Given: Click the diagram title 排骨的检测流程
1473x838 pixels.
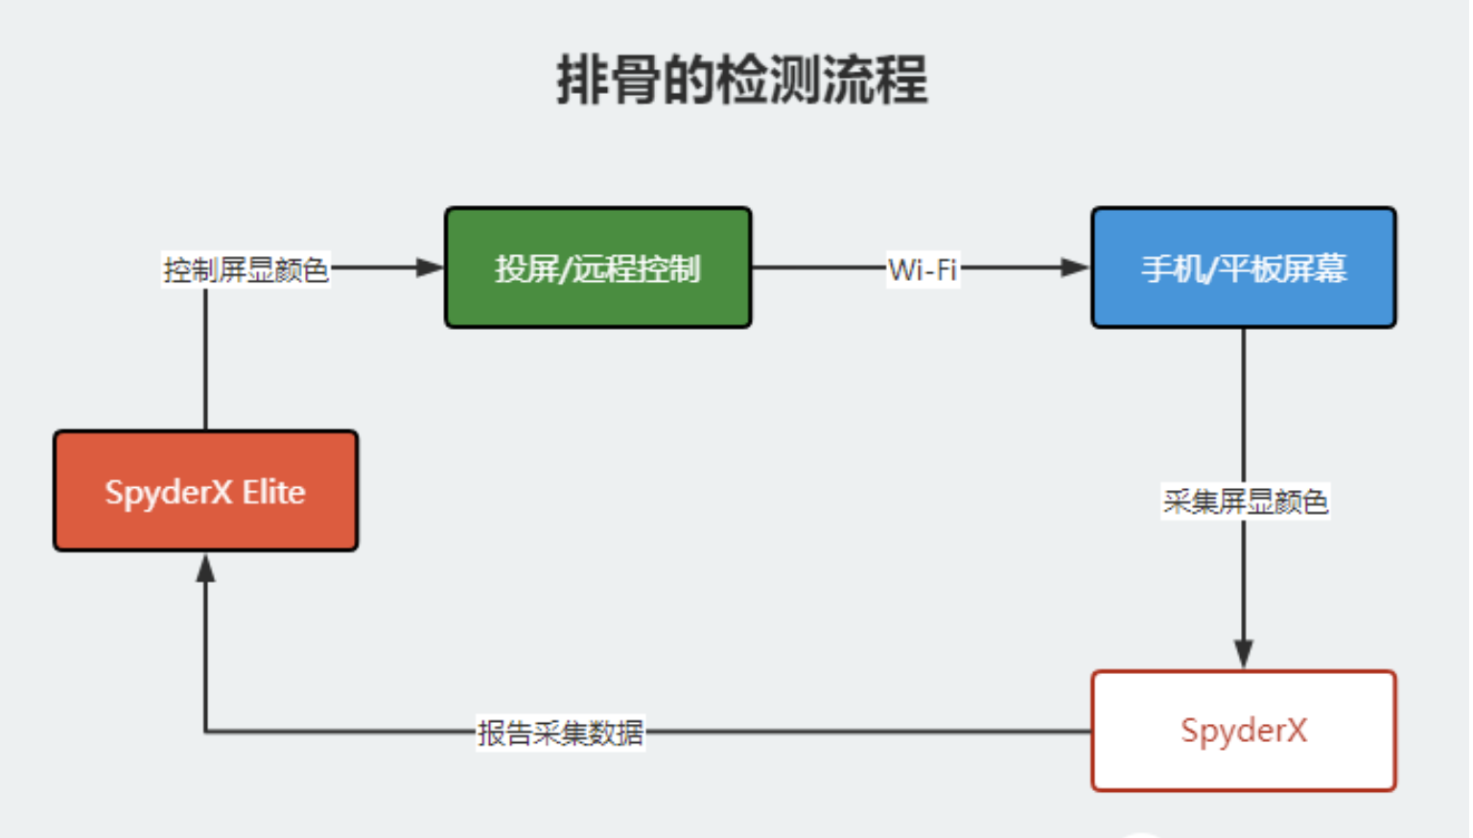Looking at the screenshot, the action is tap(741, 81).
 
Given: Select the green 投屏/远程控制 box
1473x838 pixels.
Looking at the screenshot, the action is tap(598, 268).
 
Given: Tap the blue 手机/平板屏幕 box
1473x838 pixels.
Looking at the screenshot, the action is tap(1244, 268).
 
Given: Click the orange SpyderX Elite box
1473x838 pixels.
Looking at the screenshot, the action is tap(206, 491).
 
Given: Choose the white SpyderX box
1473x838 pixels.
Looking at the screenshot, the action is tap(1244, 731).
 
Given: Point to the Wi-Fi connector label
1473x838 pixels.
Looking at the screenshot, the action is tap(923, 268).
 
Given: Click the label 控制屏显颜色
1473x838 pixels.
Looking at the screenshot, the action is tap(245, 269).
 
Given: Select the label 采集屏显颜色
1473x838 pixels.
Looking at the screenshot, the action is tap(1245, 501).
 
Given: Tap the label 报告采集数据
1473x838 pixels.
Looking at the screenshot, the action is tap(560, 733).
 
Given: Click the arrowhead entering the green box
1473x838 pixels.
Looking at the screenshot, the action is tap(430, 268).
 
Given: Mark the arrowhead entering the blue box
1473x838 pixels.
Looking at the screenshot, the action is tap(1076, 268).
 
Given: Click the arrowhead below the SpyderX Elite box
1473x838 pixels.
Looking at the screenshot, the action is tap(206, 568).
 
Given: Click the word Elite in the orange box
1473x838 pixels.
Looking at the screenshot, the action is tap(273, 492).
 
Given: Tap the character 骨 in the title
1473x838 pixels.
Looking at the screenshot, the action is tap(635, 81).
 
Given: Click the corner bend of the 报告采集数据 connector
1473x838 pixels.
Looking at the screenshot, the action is tap(206, 731).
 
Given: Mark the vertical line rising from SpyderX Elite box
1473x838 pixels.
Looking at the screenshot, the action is tap(206, 359).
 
